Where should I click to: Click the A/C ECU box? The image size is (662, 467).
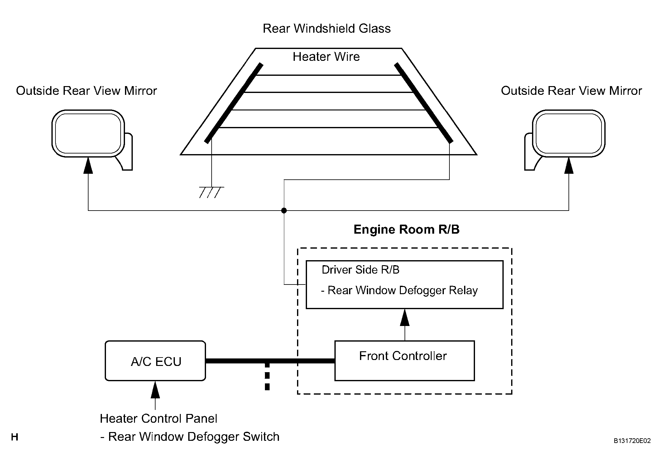155,361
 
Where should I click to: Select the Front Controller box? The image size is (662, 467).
404,361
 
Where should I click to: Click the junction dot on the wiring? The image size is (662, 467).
284,211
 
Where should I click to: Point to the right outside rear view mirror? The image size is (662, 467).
568,134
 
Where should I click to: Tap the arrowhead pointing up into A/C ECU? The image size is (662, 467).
155,390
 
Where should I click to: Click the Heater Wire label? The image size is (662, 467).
326,57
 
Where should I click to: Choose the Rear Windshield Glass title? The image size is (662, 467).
326,28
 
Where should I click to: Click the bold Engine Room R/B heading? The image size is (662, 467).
406,230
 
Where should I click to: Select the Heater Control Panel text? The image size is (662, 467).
158,419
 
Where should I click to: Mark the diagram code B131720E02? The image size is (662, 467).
632,441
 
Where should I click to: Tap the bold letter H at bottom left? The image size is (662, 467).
14,437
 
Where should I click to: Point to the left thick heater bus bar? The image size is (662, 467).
233,103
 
